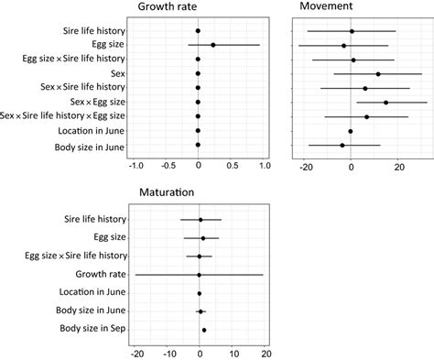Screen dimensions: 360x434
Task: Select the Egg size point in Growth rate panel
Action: pos(212,44)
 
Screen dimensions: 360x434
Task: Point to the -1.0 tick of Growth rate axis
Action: pos(136,165)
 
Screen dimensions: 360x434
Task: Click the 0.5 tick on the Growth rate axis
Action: pos(232,165)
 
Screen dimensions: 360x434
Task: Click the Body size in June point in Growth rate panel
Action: pos(198,145)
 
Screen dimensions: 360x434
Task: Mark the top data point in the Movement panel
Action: pos(352,31)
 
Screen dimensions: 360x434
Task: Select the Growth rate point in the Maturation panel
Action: pos(199,274)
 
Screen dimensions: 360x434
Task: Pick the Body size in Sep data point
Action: pos(204,330)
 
